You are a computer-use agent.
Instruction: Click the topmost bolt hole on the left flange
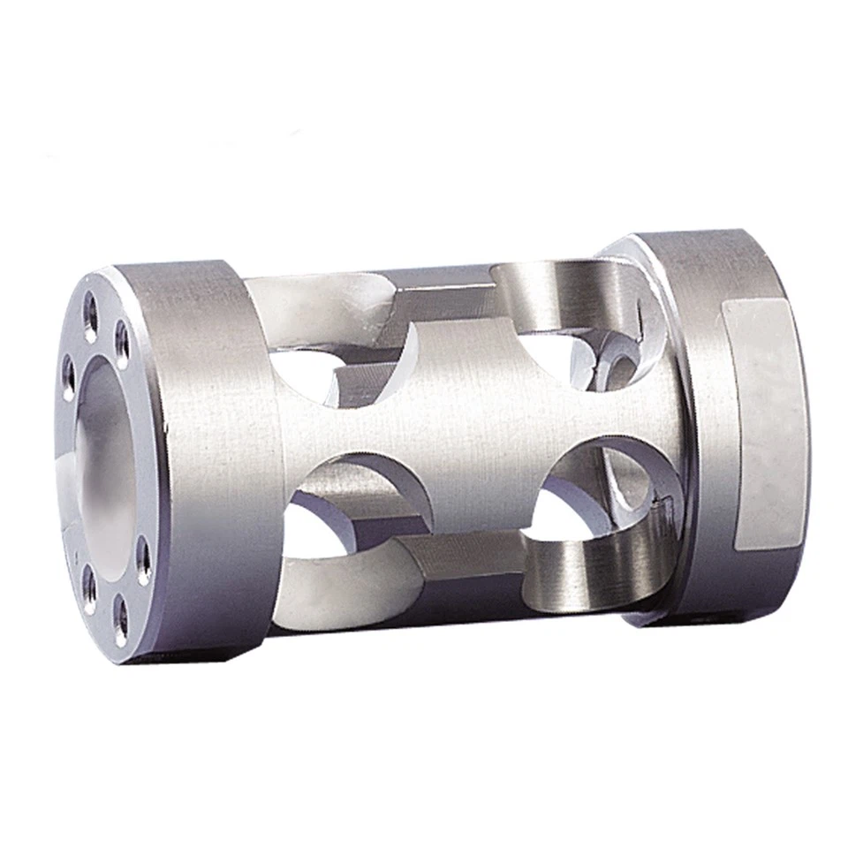(x=90, y=307)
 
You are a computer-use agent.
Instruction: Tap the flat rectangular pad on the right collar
(x=761, y=415)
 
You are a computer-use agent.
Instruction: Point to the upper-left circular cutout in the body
(x=353, y=367)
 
